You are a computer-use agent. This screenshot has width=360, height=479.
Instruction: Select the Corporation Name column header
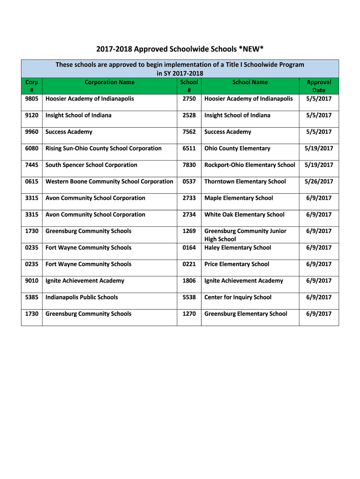pos(109,82)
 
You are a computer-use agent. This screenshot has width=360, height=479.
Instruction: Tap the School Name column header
pos(250,82)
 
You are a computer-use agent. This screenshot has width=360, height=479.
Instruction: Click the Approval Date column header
pos(319,86)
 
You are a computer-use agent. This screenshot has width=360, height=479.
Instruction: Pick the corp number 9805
pos(32,99)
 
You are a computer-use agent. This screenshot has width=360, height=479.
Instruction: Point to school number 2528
pos(189,116)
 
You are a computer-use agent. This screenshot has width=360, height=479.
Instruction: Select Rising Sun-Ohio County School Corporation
pos(103,148)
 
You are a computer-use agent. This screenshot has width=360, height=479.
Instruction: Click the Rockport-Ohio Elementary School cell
pos(250,165)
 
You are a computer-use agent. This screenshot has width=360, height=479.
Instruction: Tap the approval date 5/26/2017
pos(319,181)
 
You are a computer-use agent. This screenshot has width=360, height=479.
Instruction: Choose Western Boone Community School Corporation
pos(109,181)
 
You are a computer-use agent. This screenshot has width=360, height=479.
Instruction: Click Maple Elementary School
pos(238,198)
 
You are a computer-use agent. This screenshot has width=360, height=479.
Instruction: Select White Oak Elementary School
pos(244,215)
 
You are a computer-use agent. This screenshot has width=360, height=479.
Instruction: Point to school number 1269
pos(189,231)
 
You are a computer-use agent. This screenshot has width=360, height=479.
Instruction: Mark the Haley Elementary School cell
pos(238,248)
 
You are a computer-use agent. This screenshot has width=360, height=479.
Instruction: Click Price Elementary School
pos(237,264)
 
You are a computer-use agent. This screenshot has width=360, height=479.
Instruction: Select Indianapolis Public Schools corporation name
pos(81,298)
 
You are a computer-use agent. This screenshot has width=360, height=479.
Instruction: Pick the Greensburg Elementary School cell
pos(245,314)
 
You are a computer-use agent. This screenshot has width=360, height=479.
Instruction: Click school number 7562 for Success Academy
pos(189,132)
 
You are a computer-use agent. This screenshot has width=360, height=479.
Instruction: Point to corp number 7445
pos(32,165)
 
